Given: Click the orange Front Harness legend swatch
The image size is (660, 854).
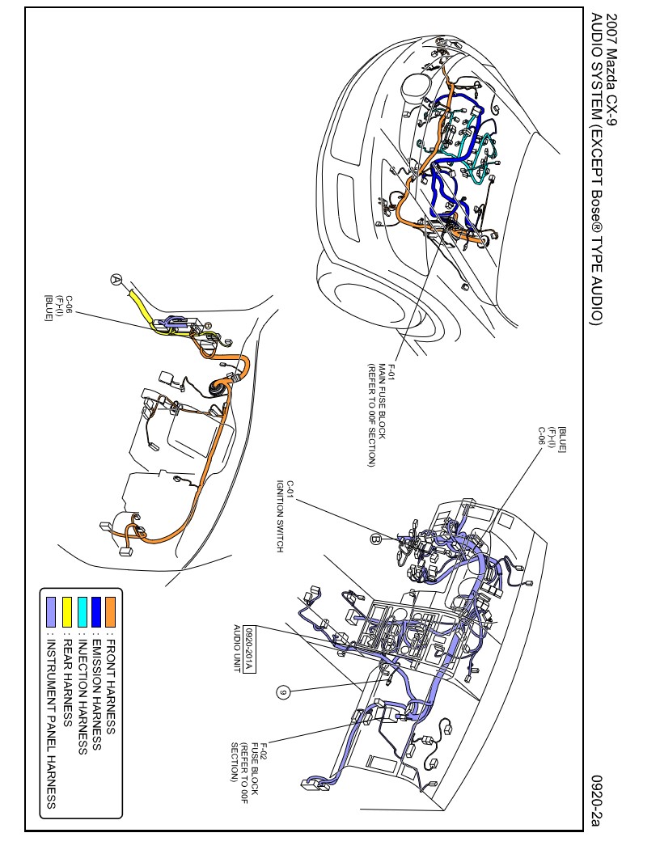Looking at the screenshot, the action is [x=111, y=611].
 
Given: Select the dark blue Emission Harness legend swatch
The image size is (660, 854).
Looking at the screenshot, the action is [x=96, y=611].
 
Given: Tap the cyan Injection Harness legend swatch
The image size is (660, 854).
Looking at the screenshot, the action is [x=82, y=611].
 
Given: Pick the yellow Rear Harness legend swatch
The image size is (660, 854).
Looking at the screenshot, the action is [x=67, y=611].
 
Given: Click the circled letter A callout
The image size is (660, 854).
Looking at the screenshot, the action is [x=116, y=279].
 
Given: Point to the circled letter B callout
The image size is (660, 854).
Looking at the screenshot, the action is [x=375, y=539].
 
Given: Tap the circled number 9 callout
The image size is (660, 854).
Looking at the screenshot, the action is [x=282, y=692].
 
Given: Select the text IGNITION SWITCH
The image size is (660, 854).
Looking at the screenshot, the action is [x=280, y=516].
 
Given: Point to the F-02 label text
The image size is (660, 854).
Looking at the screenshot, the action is [x=264, y=750].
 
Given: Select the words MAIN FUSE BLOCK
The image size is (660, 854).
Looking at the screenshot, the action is [x=382, y=401].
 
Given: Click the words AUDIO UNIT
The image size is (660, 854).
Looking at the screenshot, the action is [x=237, y=648].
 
